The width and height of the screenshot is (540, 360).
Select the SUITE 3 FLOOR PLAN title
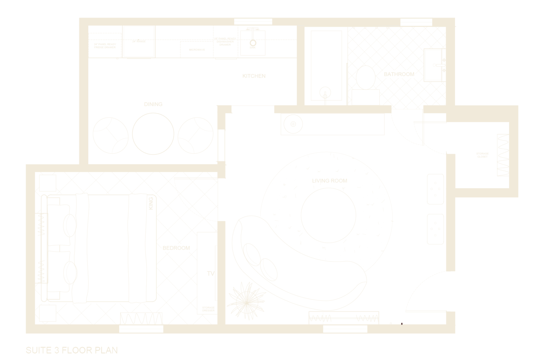tap(72, 350)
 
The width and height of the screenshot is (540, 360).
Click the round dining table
tap(153, 133)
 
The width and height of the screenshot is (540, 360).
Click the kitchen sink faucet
tap(252, 39)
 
